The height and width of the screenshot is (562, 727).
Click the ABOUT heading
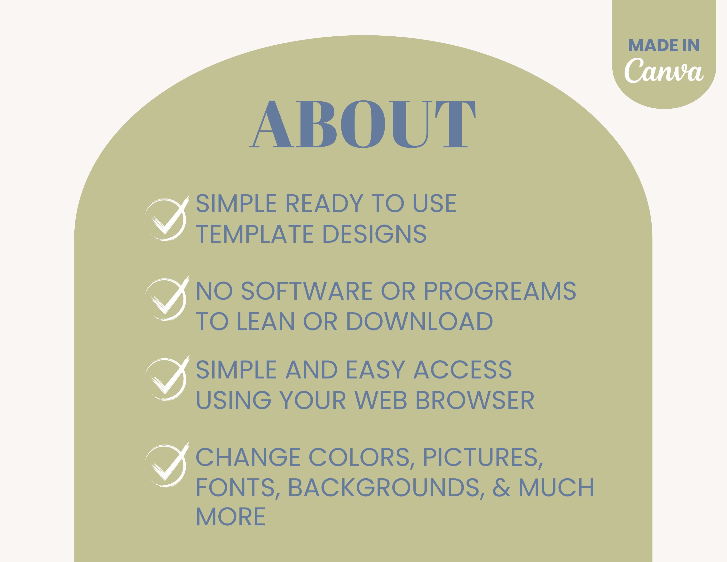click(x=363, y=124)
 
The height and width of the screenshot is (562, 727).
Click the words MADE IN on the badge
click(x=664, y=46)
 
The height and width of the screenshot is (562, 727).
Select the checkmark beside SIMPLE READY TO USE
click(x=167, y=218)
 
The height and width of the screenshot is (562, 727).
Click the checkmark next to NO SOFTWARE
click(x=167, y=298)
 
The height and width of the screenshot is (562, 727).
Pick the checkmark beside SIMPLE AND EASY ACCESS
click(x=167, y=378)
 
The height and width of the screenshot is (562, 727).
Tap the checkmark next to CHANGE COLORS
click(x=167, y=465)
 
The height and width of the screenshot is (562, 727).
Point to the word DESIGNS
click(x=374, y=234)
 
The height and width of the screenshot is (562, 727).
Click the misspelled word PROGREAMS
click(x=500, y=291)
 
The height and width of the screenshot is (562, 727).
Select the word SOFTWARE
click(x=307, y=291)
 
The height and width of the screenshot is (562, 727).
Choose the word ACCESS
click(x=462, y=370)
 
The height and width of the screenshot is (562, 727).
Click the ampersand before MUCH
click(x=502, y=488)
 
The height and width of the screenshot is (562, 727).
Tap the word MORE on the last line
click(x=231, y=517)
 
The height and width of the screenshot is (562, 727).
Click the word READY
click(x=324, y=203)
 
